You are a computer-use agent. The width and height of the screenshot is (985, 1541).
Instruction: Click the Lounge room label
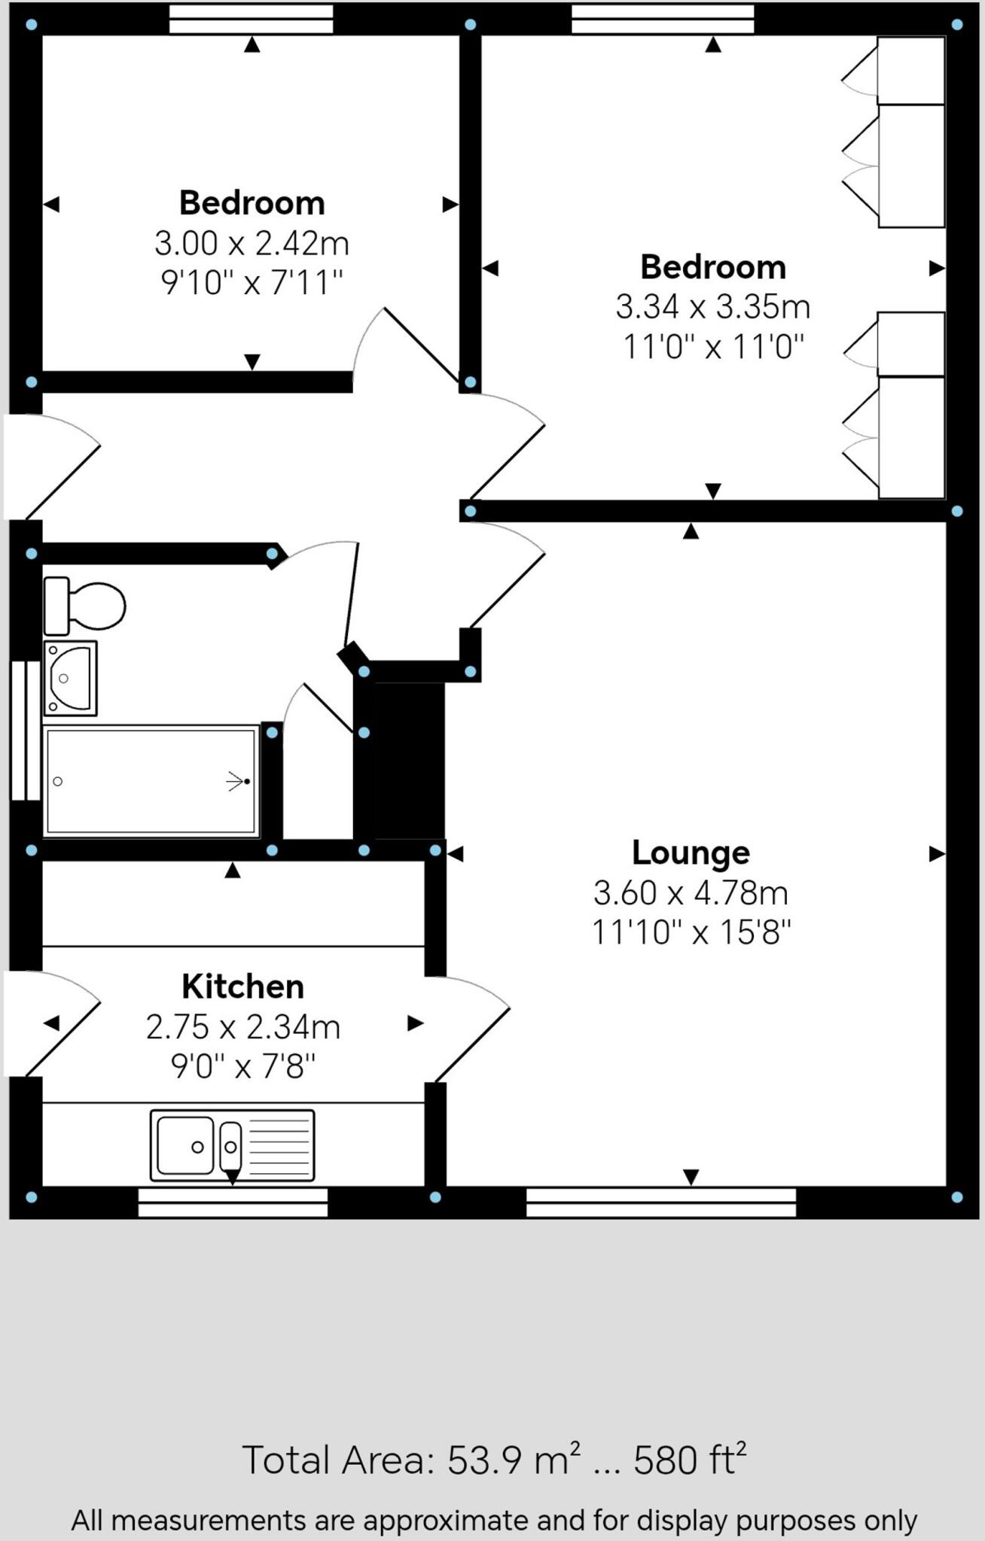[691, 853]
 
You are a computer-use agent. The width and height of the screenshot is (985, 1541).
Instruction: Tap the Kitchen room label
[242, 986]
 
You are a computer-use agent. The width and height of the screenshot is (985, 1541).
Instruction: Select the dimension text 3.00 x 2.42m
[252, 244]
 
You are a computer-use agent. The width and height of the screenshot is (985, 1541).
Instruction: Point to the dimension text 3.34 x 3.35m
[712, 307]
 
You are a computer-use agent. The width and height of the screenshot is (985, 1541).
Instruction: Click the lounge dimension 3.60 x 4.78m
[691, 893]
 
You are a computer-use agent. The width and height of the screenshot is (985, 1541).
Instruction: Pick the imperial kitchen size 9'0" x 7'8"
[242, 1066]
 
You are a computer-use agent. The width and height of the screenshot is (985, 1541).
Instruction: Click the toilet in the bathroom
[84, 605]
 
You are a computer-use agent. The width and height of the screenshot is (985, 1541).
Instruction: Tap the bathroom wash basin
[70, 677]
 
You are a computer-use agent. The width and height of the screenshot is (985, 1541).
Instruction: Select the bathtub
[151, 781]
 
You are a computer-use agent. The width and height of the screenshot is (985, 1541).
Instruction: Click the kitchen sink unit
[232, 1145]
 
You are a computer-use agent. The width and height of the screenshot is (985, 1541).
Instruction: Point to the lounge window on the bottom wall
[660, 1202]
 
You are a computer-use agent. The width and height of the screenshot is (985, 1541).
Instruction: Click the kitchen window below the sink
[233, 1202]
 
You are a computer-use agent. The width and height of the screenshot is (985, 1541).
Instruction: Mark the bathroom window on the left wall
[26, 731]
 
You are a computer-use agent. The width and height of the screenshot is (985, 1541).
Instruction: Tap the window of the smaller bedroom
[251, 20]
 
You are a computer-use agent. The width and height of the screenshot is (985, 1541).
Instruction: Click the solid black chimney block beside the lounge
[410, 761]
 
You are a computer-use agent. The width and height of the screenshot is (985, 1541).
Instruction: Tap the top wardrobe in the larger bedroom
[910, 70]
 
